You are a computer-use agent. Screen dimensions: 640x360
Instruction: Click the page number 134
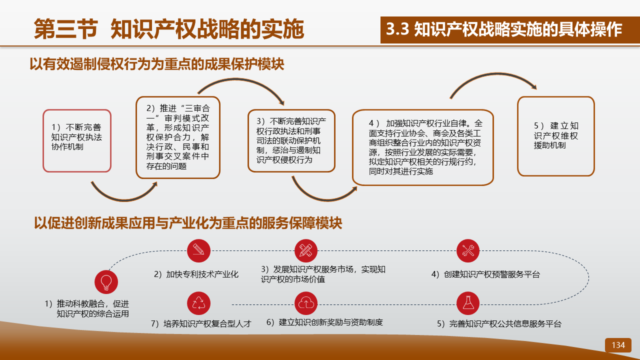[x=618, y=345]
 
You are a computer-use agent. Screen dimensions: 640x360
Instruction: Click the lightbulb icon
[x=106, y=282]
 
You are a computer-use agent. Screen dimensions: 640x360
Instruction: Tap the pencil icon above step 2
[x=198, y=250]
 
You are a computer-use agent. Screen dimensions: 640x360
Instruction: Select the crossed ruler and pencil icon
[x=306, y=250]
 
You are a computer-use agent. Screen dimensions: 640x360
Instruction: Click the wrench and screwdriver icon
[x=467, y=250]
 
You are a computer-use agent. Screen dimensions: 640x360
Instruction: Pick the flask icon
[x=467, y=303]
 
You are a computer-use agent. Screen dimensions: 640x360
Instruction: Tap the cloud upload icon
[x=306, y=303]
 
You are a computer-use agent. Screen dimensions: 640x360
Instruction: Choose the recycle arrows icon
[x=198, y=303]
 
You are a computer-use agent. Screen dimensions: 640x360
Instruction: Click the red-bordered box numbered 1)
[x=77, y=140]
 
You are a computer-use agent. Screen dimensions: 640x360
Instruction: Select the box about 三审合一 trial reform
[x=178, y=137]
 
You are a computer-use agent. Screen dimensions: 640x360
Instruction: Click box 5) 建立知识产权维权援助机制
[x=555, y=136]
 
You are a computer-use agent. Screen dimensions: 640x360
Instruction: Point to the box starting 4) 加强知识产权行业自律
[x=423, y=147]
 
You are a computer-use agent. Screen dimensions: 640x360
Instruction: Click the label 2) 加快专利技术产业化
[x=196, y=274]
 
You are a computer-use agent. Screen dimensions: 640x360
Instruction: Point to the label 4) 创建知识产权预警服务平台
[x=485, y=274]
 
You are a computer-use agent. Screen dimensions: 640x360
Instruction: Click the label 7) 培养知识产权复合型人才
[x=201, y=323]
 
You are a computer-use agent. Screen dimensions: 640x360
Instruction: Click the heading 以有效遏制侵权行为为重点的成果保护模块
[x=157, y=64]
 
